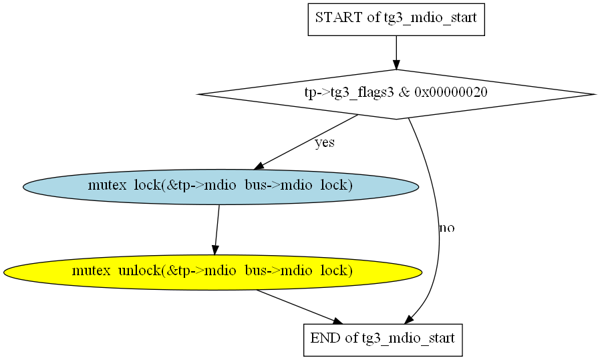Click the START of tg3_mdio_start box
point(396,19)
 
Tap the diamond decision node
point(396,94)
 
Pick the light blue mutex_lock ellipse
point(220,187)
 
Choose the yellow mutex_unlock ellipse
point(213,273)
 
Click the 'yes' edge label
point(325,143)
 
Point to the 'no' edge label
point(447,228)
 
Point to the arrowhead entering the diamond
point(396,65)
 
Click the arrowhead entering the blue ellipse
point(259,166)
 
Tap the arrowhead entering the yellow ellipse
point(215,250)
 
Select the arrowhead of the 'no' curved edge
point(409,319)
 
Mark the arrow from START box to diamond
point(396,53)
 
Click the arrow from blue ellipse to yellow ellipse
point(217,230)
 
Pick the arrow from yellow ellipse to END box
point(300,307)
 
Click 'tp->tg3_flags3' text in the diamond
point(349,92)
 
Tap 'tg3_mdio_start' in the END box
point(408,339)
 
